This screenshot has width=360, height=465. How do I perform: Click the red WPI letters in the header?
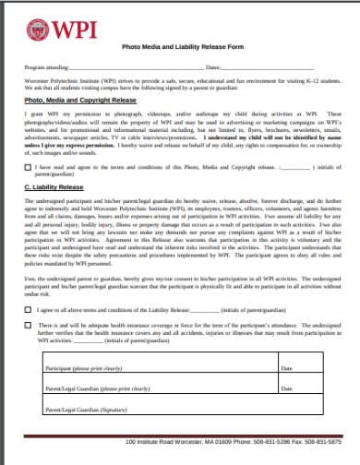coord(64,28)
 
